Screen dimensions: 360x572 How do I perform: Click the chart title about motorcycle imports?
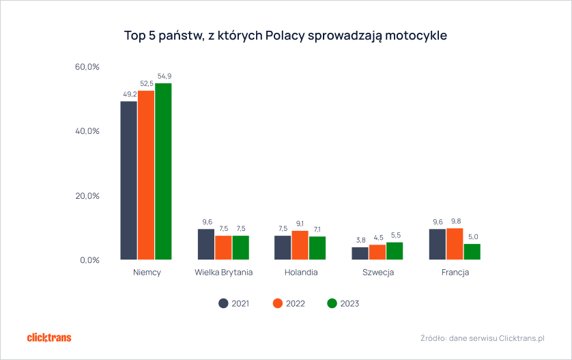(285, 34)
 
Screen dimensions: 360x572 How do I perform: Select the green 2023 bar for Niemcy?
(163, 171)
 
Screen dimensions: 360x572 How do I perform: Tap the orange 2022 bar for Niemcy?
(146, 175)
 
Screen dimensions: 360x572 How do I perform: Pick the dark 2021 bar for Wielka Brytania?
(206, 245)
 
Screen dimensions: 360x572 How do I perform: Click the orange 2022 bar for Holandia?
(300, 245)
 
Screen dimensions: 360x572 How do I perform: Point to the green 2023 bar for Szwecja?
(395, 251)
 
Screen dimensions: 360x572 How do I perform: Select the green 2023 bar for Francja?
(472, 251)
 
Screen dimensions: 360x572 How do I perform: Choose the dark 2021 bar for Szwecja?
(360, 253)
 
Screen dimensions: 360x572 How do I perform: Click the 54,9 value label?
(164, 76)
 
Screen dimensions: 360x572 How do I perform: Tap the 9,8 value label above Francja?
(455, 221)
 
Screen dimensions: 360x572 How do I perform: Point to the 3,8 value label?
(360, 240)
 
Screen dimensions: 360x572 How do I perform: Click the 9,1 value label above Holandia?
(300, 223)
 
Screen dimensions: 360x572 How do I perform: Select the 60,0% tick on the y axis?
(87, 67)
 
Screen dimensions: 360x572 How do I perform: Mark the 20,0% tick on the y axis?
(87, 196)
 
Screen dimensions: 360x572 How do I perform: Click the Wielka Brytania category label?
(223, 273)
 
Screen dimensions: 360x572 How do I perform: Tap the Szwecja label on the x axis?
(377, 273)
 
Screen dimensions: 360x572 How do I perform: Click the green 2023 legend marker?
(332, 303)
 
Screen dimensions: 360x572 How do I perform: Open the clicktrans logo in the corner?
(48, 337)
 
